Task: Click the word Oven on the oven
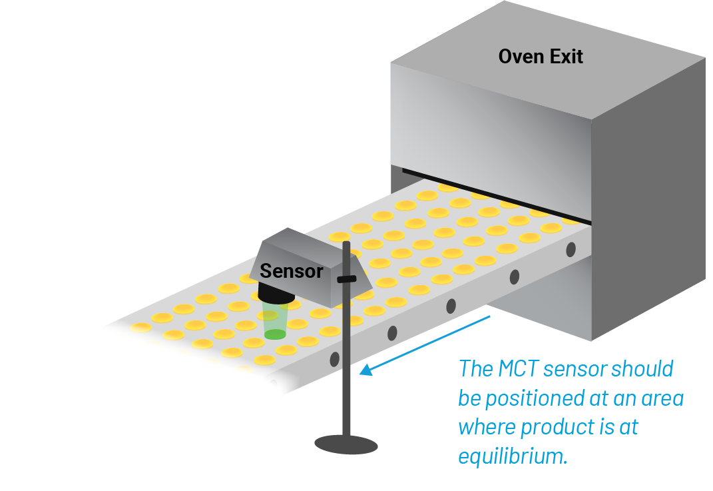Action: click(x=521, y=57)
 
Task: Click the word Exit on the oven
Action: click(x=566, y=57)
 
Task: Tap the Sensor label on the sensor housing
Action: click(x=291, y=271)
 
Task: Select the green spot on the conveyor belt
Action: click(x=275, y=334)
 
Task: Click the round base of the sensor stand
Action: click(x=346, y=444)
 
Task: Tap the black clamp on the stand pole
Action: click(x=346, y=279)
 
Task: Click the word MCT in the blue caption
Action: click(x=518, y=369)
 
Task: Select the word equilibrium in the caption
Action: click(x=513, y=456)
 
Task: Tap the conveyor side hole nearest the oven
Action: click(x=571, y=249)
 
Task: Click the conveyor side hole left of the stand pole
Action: click(x=334, y=359)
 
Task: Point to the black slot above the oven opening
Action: click(x=496, y=196)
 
